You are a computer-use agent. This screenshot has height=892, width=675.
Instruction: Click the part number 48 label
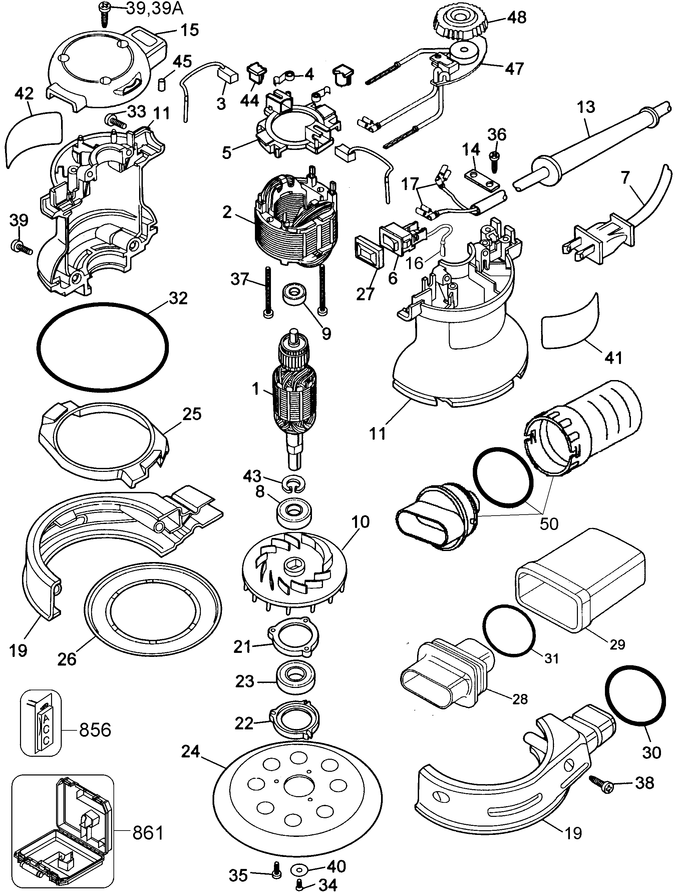pos(517,17)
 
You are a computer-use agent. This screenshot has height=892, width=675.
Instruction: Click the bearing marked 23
pos(295,682)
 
